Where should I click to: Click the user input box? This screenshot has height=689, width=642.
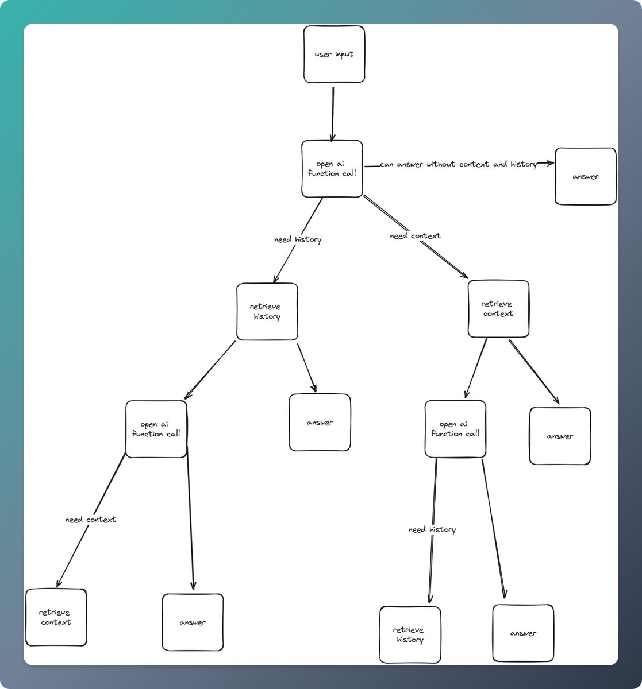click(x=334, y=54)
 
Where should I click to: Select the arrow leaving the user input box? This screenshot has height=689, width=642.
click(x=333, y=112)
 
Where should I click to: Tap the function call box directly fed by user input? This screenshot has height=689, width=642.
click(x=332, y=168)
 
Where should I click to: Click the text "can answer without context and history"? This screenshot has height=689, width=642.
click(x=458, y=164)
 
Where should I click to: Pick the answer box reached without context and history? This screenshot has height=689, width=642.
click(x=586, y=176)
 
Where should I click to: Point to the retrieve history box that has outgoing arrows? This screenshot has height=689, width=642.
click(x=267, y=311)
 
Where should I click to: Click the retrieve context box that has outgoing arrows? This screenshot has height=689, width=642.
click(x=498, y=308)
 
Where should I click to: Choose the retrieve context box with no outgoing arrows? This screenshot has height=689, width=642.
click(x=56, y=617)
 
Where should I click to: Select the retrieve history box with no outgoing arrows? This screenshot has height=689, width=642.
click(x=410, y=634)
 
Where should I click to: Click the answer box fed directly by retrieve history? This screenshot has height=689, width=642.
click(x=320, y=422)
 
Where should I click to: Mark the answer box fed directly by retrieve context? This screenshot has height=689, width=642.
click(x=560, y=436)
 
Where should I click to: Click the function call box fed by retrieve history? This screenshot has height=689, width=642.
click(x=156, y=429)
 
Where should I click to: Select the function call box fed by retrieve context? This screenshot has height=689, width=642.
click(x=455, y=429)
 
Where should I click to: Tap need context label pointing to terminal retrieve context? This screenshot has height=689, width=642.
click(x=91, y=520)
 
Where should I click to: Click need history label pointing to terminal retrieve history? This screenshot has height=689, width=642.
click(x=432, y=529)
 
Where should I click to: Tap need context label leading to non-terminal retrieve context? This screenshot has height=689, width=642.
click(x=416, y=236)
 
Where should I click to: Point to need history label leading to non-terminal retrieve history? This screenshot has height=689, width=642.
click(x=298, y=239)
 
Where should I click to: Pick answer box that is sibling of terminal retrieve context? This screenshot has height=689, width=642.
click(x=193, y=622)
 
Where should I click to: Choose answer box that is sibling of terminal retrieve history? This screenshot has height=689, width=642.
click(x=523, y=633)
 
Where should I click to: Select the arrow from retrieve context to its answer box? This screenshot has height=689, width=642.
click(x=533, y=371)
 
